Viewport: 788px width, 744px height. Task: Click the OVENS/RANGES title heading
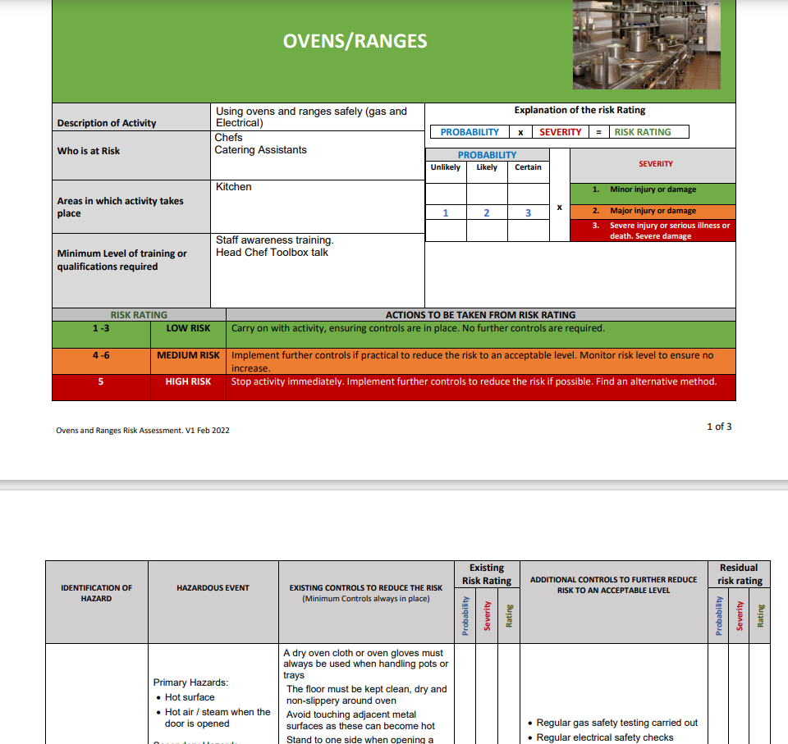pos(355,41)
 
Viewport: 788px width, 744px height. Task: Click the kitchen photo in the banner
pos(646,44)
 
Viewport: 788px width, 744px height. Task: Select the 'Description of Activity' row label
pos(107,123)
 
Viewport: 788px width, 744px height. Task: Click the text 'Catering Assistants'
pos(260,150)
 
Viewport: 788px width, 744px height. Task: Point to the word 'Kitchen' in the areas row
pos(234,187)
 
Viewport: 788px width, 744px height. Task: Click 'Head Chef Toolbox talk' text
pos(272,253)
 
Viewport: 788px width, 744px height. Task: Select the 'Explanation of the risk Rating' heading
pos(580,110)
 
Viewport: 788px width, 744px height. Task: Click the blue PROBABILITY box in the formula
pos(470,132)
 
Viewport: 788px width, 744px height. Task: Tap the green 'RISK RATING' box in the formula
pos(643,132)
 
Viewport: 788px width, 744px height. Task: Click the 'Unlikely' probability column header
pos(446,167)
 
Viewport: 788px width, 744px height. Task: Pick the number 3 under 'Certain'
pos(528,213)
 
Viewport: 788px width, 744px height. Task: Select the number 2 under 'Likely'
pos(487,213)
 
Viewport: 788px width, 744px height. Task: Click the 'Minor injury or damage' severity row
pos(653,189)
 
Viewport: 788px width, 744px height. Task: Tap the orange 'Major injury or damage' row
pos(653,211)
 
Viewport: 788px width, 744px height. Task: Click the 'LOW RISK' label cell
pos(188,328)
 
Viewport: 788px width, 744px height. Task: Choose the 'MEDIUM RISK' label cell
pos(188,355)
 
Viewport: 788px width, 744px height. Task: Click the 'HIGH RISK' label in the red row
pos(188,381)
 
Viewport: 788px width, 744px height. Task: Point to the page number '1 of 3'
pos(719,427)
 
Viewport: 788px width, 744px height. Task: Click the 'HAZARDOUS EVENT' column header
pos(213,588)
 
